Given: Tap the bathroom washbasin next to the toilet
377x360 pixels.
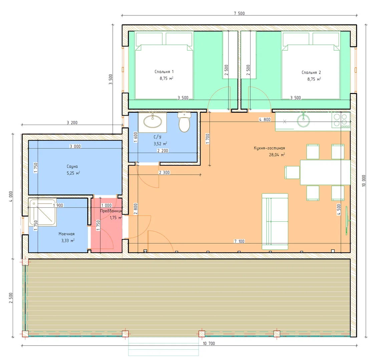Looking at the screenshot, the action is coord(152,122).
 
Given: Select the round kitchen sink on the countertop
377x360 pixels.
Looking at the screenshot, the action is coord(303,120).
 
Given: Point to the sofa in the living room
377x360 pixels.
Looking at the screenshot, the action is coord(275,221).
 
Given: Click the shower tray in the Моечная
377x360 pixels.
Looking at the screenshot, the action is coord(43,212).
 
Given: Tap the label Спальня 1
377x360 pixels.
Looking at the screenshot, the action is coord(164,72).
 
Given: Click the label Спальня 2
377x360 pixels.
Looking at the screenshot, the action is coord(311,72).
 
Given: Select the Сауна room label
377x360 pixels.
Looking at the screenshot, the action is coord(72,166).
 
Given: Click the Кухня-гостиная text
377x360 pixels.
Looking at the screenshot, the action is coord(269,148).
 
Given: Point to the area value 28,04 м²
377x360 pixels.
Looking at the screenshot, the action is coord(277,155).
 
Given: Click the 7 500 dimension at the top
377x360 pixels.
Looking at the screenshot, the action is coord(239,13).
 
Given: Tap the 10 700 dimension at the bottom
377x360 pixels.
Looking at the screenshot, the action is coord(209,343).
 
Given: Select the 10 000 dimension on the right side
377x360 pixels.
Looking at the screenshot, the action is coord(364,181).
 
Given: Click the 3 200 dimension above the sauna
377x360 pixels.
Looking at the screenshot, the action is coord(72,123).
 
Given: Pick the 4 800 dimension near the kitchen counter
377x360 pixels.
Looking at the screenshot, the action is coord(265,120).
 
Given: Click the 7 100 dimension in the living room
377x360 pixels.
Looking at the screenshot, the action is coord(239,241).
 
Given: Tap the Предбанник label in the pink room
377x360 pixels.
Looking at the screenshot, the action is coord(111,211).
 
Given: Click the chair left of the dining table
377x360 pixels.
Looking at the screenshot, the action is coord(292,172).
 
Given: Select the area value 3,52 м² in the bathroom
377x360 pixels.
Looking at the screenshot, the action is coord(160,144).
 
